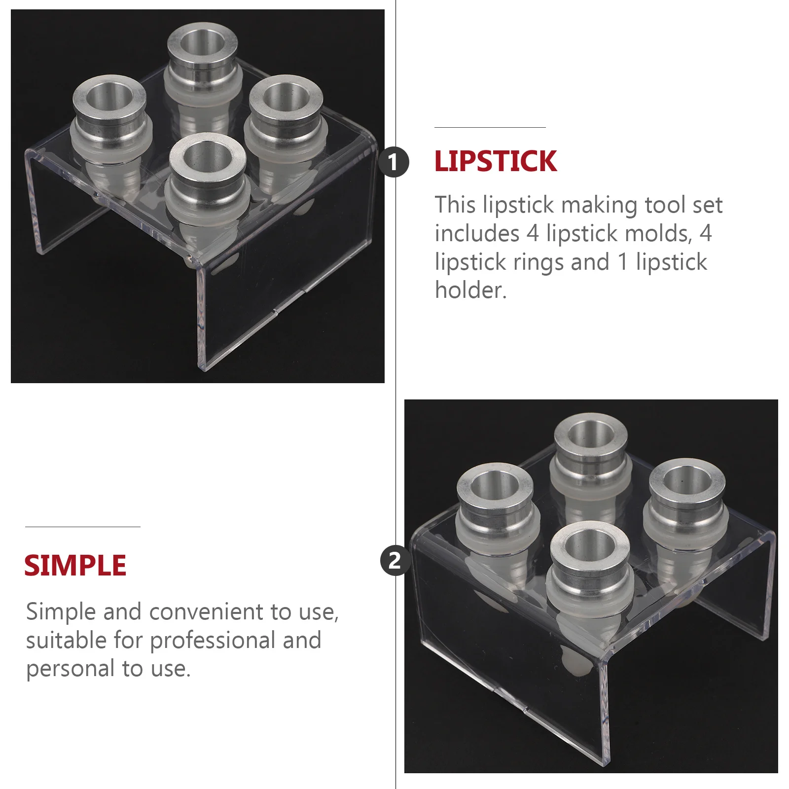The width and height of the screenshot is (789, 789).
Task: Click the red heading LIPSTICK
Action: pos(495,161)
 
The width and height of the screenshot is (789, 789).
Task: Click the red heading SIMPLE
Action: pos(75,565)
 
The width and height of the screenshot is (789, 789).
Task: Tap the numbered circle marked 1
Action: pos(394,162)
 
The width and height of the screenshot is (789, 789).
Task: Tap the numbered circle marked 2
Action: pos(394,561)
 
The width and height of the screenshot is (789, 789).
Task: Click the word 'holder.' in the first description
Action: pos(470,290)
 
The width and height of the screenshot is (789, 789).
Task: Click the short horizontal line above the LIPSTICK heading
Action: pos(490,128)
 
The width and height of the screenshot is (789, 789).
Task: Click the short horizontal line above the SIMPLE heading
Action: pos(82,527)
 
